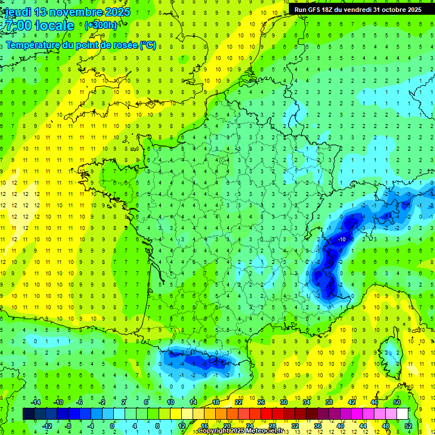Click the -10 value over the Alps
point(342,240)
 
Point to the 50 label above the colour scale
point(397,402)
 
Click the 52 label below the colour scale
point(408,426)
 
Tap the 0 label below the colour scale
point(112,426)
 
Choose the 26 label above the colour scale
point(261,402)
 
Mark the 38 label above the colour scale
point(329,402)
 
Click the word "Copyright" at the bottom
point(214,431)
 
